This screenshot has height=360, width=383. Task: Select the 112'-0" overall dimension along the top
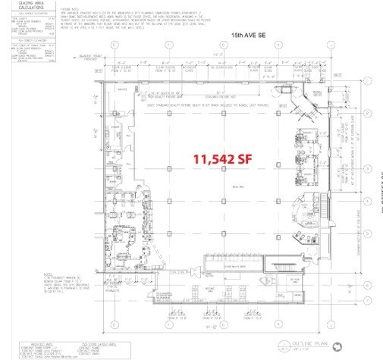[x=218, y=54]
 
